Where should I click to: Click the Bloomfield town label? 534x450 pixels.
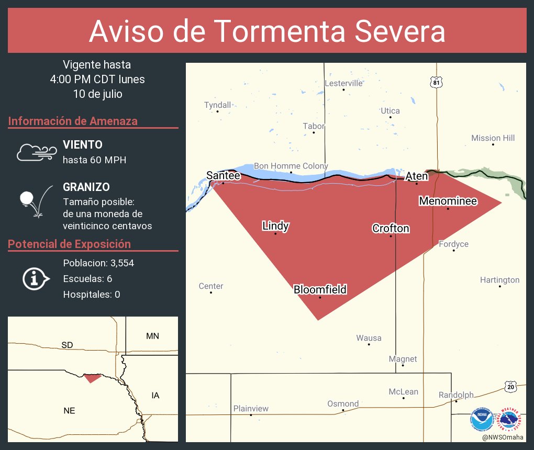pyautogui.click(x=320, y=289)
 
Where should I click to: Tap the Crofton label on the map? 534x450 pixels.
pyautogui.click(x=391, y=228)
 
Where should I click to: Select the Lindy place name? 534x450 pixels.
pyautogui.click(x=275, y=226)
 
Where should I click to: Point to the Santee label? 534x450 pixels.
pyautogui.click(x=223, y=176)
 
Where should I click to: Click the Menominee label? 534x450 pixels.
pyautogui.click(x=447, y=201)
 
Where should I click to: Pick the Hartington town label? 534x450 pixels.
pyautogui.click(x=499, y=280)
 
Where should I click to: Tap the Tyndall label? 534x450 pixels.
pyautogui.click(x=217, y=105)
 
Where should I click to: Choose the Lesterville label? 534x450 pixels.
pyautogui.click(x=343, y=83)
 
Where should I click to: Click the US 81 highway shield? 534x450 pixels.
pyautogui.click(x=437, y=82)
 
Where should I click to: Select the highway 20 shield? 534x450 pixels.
pyautogui.click(x=511, y=386)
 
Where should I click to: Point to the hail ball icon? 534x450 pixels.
pyautogui.click(x=27, y=199)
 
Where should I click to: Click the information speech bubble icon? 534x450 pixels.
pyautogui.click(x=36, y=278)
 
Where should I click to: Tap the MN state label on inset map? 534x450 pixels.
pyautogui.click(x=152, y=336)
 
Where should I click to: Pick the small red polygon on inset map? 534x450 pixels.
pyautogui.click(x=92, y=378)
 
